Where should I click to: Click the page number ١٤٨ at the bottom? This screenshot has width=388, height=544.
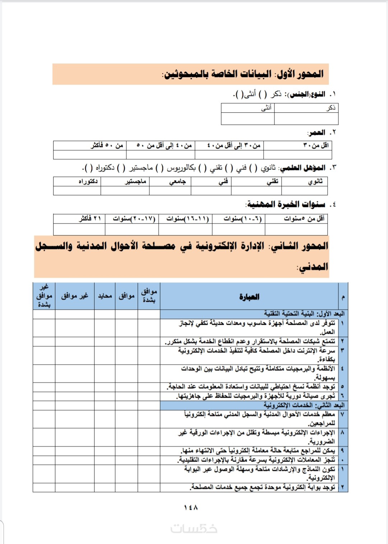click(191, 507)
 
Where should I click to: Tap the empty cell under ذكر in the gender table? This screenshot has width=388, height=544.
click(306, 119)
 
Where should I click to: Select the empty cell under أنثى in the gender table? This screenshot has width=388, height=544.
click(248, 119)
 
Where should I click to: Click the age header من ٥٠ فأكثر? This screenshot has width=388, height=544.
click(107, 145)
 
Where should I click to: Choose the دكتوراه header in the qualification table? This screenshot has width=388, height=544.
click(88, 181)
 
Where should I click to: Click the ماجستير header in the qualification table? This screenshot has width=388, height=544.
click(135, 181)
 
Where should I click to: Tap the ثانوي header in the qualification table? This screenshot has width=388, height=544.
click(315, 181)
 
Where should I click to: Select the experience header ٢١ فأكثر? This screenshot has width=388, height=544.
click(90, 219)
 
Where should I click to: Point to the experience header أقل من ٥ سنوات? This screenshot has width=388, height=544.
click(304, 219)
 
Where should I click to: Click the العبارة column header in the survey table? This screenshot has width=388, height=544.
click(249, 296)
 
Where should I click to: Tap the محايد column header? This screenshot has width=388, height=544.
click(105, 296)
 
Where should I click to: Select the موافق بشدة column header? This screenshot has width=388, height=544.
click(149, 296)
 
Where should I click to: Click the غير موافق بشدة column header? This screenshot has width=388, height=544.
click(44, 296)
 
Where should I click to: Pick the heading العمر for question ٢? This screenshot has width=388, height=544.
click(317, 132)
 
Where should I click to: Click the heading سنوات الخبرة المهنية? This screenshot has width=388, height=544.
click(286, 204)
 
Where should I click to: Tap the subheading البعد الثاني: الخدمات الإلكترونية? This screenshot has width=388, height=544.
click(304, 405)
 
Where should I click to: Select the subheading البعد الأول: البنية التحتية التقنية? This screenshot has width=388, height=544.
click(304, 314)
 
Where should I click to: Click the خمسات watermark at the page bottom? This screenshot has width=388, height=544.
click(194, 529)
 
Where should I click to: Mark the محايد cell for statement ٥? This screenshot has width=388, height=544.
click(105, 386)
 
